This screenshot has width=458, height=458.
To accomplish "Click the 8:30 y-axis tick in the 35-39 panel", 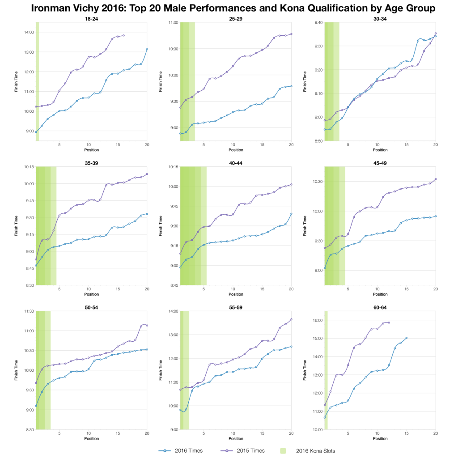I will point(29,285).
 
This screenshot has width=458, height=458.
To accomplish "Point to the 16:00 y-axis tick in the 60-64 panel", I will point(317,320).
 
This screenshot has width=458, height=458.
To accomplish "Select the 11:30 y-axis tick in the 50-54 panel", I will point(29,311).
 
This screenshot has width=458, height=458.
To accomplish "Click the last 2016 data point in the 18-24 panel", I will point(147,49).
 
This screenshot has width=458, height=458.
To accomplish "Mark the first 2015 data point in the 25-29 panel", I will point(180,107).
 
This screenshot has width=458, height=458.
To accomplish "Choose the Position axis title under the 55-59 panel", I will point(236,439).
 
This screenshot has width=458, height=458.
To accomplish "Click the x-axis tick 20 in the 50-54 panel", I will point(147,433).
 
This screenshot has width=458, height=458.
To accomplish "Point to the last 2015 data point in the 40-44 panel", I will point(291,184).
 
